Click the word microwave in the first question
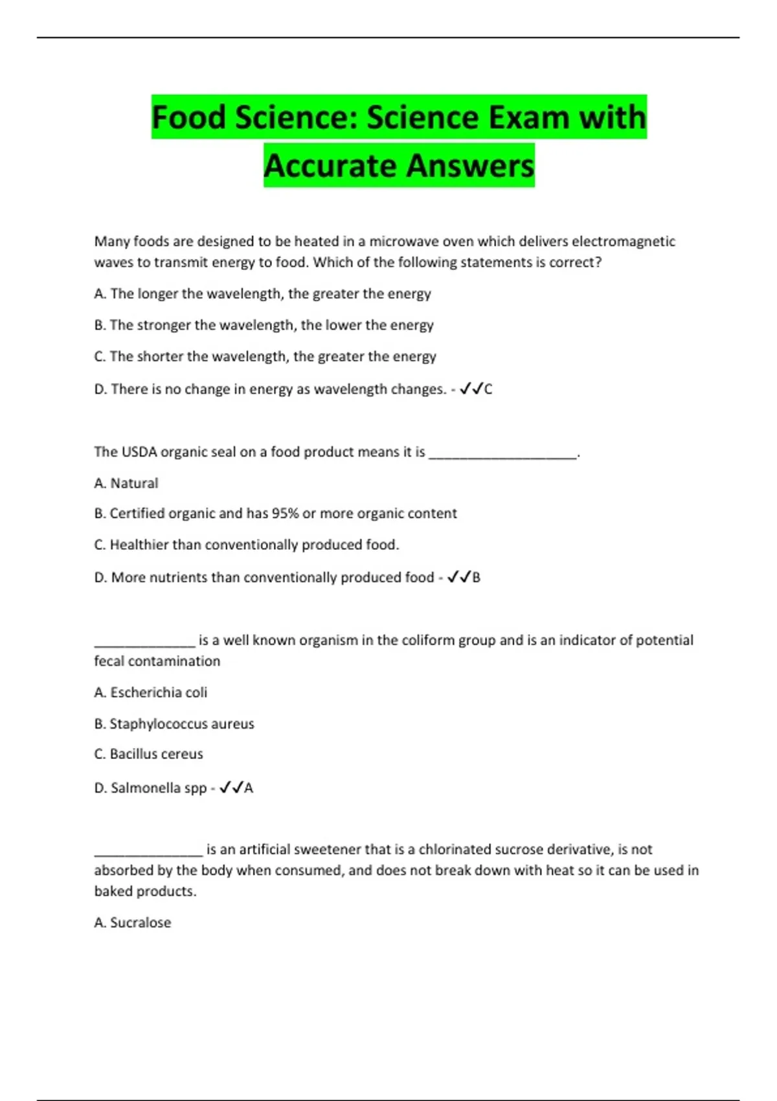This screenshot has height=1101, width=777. pyautogui.click(x=403, y=242)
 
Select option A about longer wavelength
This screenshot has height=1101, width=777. pyautogui.click(x=262, y=294)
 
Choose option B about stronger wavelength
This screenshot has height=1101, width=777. pyautogui.click(x=264, y=325)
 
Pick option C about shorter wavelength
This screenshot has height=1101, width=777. pyautogui.click(x=265, y=357)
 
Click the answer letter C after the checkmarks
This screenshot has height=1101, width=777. pyautogui.click(x=488, y=390)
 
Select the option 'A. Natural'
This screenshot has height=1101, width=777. pyautogui.click(x=126, y=483)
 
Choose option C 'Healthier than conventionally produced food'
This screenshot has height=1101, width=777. pyautogui.click(x=247, y=545)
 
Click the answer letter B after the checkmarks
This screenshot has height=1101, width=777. pyautogui.click(x=477, y=578)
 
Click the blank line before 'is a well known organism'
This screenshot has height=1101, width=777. pyautogui.click(x=144, y=642)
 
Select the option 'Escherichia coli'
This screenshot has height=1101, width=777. pyautogui.click(x=151, y=693)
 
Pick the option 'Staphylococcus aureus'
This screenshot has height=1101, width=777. pyautogui.click(x=174, y=724)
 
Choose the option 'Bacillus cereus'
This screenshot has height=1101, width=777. pyautogui.click(x=149, y=755)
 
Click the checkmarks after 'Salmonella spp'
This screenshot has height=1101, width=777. pyautogui.click(x=231, y=788)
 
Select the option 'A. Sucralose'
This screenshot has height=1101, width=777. pyautogui.click(x=133, y=923)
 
